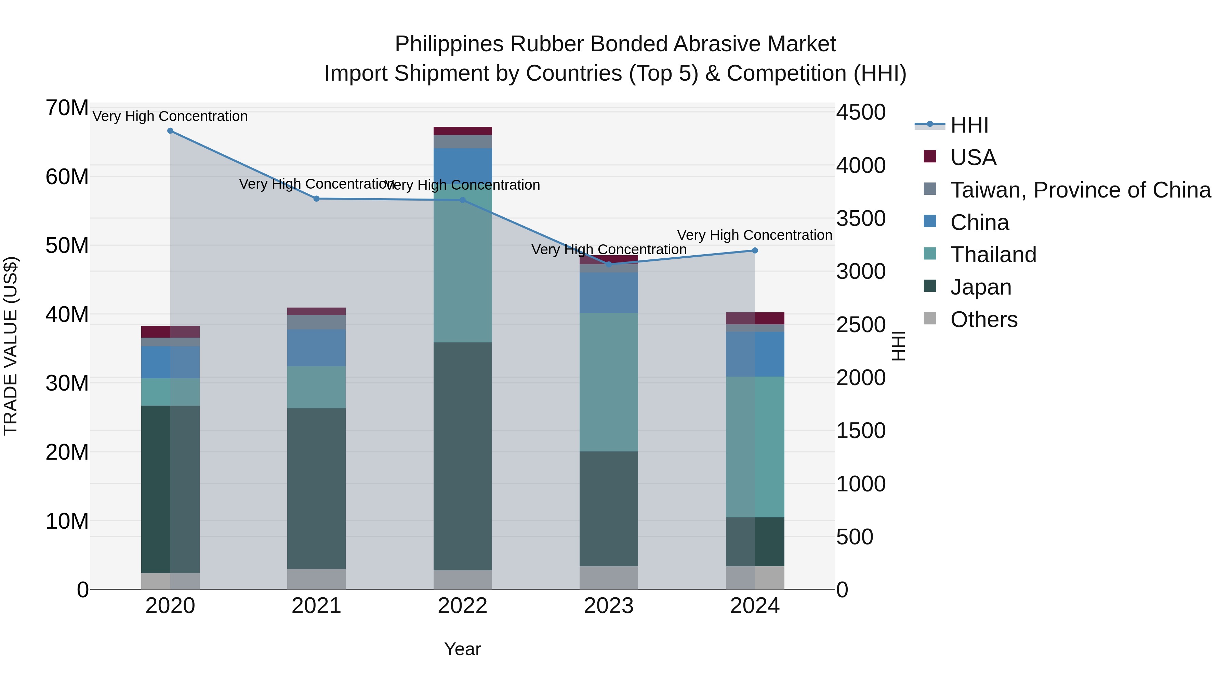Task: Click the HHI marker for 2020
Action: tap(170, 131)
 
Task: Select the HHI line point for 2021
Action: tap(316, 199)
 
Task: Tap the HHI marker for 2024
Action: tap(755, 251)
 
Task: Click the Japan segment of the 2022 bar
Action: tap(463, 456)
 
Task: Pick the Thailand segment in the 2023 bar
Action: tap(609, 382)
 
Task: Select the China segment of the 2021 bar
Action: tap(316, 348)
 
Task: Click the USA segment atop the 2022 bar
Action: tap(463, 131)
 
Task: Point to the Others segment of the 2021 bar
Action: tap(316, 579)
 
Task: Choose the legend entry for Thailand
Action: tap(993, 255)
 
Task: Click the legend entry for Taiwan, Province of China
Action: tap(1080, 190)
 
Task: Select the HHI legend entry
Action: tap(969, 125)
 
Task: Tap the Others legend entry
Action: tap(983, 320)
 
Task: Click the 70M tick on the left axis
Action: tap(67, 108)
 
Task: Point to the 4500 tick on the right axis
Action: tap(861, 113)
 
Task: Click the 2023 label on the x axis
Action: tap(609, 606)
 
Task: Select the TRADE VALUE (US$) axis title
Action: tap(11, 346)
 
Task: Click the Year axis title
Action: tap(462, 649)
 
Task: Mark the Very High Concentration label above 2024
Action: tap(755, 235)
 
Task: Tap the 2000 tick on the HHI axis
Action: tap(861, 378)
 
